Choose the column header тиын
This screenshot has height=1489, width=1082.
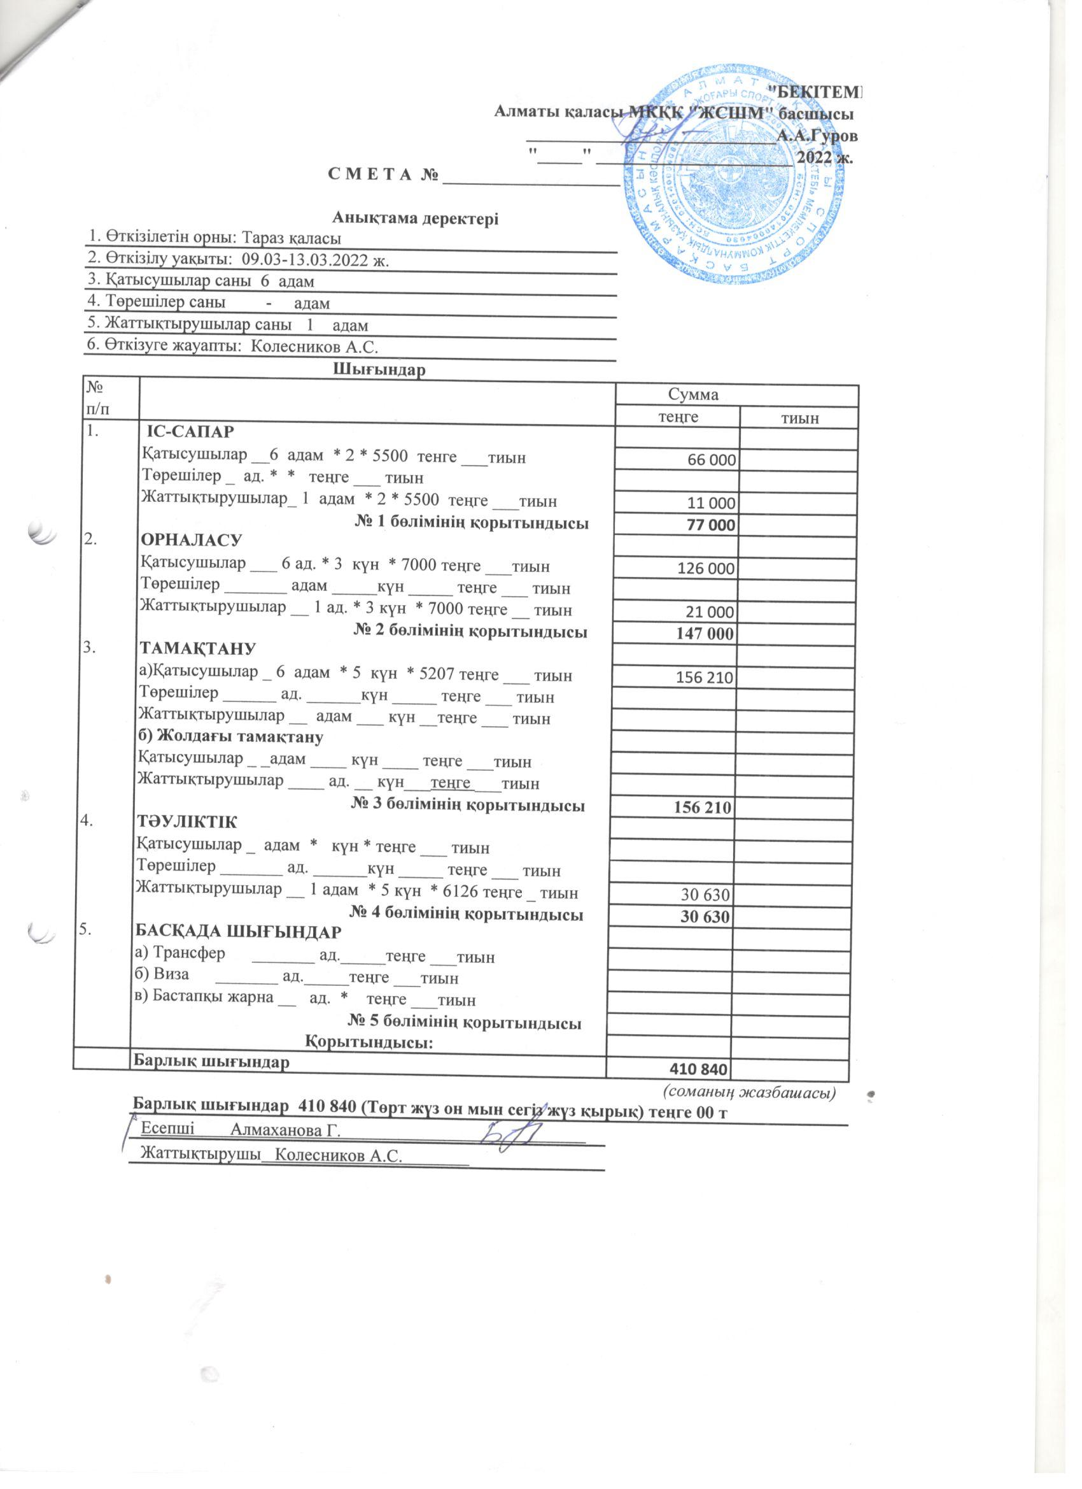pyautogui.click(x=799, y=418)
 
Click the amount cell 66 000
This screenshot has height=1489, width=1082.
pyautogui.click(x=709, y=460)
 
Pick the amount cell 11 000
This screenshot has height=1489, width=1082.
pyautogui.click(x=709, y=504)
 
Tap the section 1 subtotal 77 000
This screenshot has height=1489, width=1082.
pyautogui.click(x=708, y=525)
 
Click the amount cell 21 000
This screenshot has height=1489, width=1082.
pyautogui.click(x=708, y=612)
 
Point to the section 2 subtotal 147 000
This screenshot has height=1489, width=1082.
pyautogui.click(x=705, y=634)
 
